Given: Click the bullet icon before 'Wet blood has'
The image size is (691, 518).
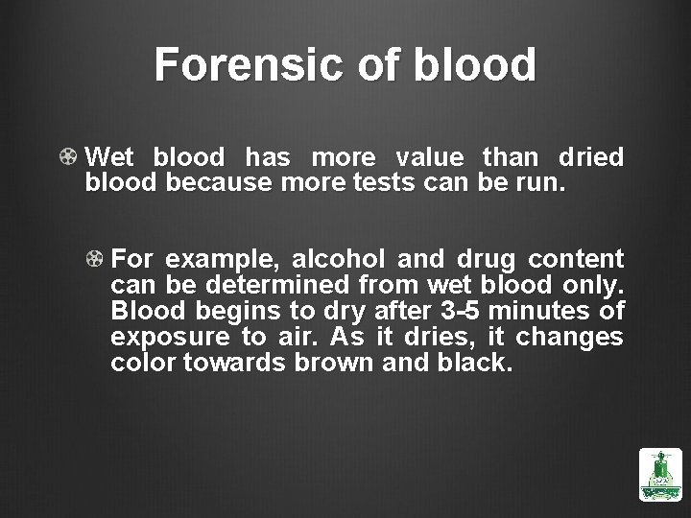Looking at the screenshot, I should (x=69, y=156).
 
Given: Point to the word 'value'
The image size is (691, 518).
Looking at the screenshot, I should (x=426, y=156).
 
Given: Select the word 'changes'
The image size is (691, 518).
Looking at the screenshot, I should (x=569, y=338).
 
